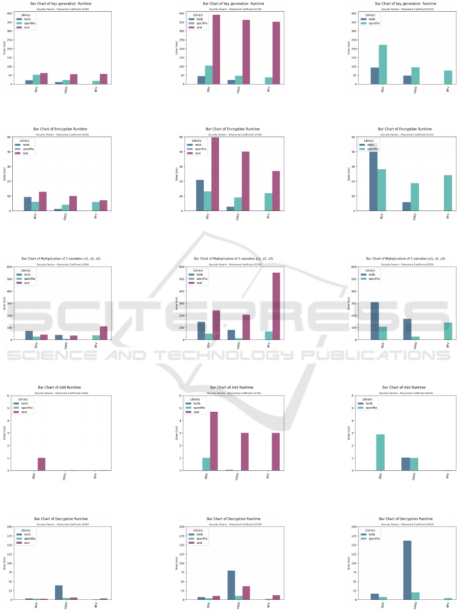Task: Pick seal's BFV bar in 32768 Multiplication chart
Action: click(276, 306)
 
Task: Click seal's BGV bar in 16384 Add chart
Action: click(41, 464)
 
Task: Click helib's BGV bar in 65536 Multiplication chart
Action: click(375, 321)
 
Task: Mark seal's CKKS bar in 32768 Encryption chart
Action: click(246, 181)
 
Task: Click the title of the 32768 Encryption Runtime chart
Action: click(232, 129)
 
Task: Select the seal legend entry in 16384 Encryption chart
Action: click(26, 153)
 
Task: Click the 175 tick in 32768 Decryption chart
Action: click(181, 536)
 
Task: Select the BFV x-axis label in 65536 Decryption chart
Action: click(448, 605)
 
